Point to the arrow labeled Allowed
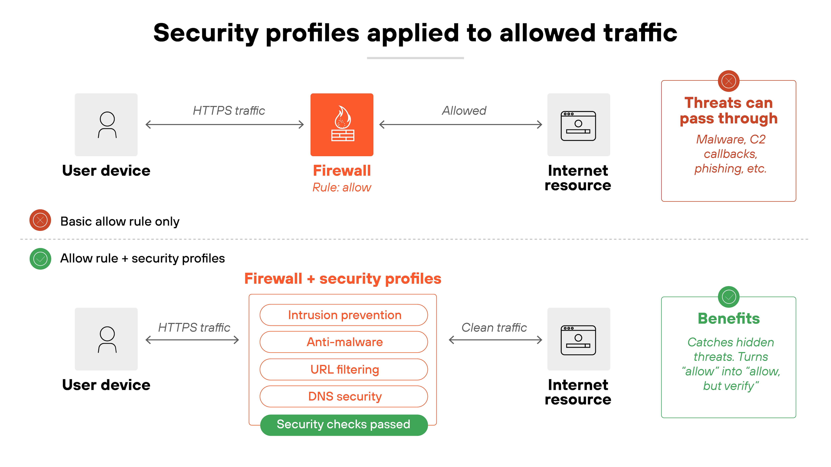coord(461,124)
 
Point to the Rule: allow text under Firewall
coord(342,187)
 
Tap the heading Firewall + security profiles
coord(343,279)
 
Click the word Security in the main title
coord(205,33)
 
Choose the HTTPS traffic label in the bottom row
coord(194,327)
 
